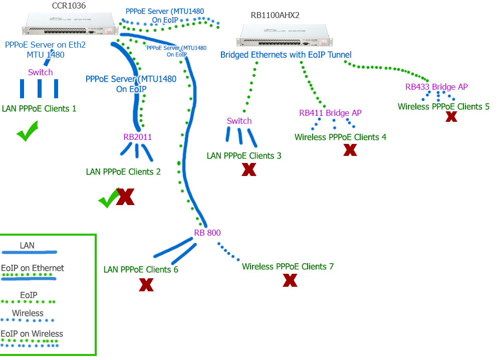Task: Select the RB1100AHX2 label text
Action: click(x=275, y=16)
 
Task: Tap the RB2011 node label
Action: click(x=137, y=137)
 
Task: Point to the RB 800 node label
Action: click(x=207, y=233)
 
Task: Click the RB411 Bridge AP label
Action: click(x=330, y=113)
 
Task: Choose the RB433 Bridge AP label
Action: click(x=436, y=87)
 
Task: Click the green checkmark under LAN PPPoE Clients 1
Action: click(x=27, y=134)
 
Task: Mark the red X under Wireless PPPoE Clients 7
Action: click(x=290, y=280)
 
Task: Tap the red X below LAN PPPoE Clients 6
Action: click(x=146, y=285)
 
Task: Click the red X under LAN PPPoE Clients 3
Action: click(x=249, y=169)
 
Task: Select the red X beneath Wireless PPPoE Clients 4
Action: click(x=350, y=149)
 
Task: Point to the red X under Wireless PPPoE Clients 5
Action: click(x=451, y=116)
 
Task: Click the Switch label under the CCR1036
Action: click(x=41, y=73)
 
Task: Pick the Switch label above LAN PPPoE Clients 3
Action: click(x=239, y=121)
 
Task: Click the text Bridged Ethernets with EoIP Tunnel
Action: click(x=286, y=55)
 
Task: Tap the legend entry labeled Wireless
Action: click(x=28, y=313)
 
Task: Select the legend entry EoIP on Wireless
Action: click(x=32, y=334)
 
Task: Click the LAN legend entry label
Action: click(x=27, y=246)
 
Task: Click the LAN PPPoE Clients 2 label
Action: click(x=123, y=172)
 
